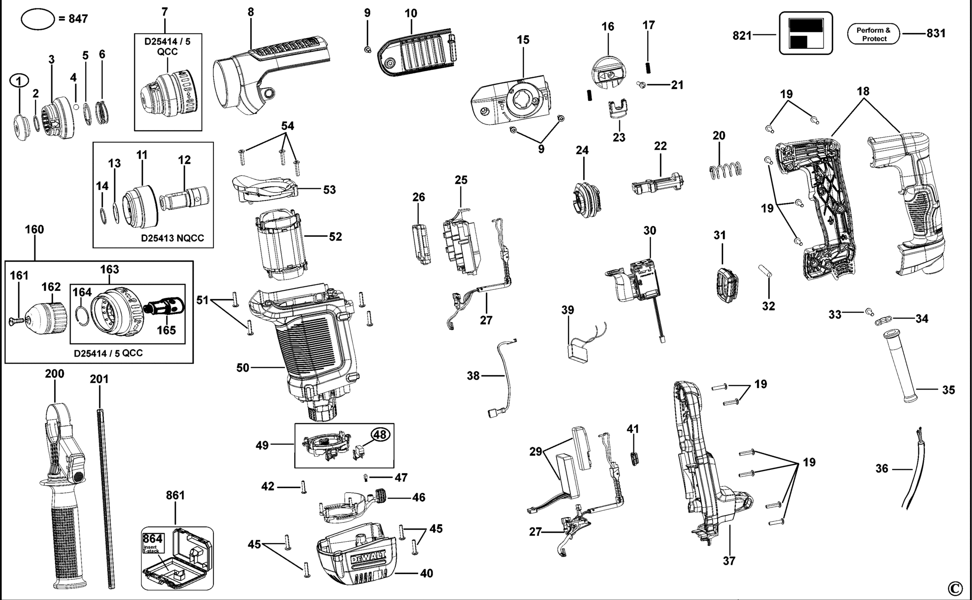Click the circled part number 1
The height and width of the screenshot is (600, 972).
pos(19,81)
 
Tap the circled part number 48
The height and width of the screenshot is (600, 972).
pos(380,435)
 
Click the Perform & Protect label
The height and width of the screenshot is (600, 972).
pos(874,34)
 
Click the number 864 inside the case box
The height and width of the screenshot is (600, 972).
pos(152,538)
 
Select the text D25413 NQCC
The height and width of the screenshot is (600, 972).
pos(173,238)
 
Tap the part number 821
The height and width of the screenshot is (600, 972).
pos(742,35)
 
